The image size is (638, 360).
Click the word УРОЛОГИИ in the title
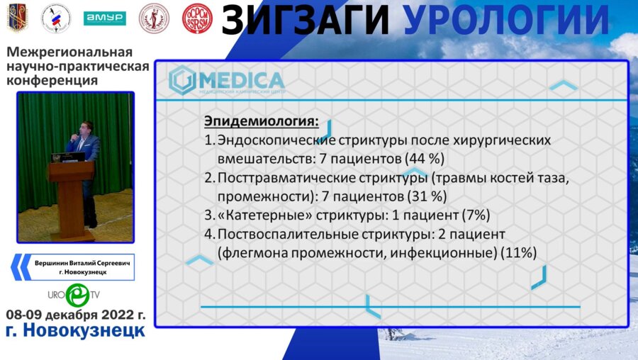507,19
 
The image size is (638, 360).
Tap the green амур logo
104,18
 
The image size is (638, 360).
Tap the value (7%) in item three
475,214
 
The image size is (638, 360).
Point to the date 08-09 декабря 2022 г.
75,314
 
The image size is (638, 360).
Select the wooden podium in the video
71,198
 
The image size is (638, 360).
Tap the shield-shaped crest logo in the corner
17,18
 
